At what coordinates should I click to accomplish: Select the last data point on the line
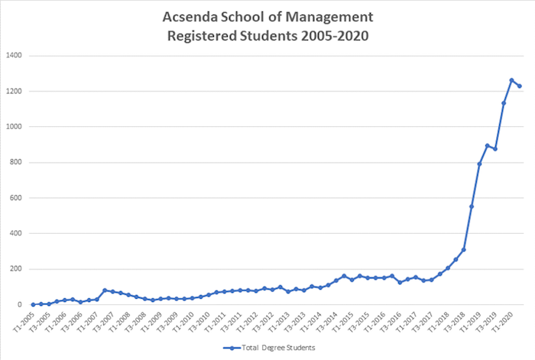coord(520,86)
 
